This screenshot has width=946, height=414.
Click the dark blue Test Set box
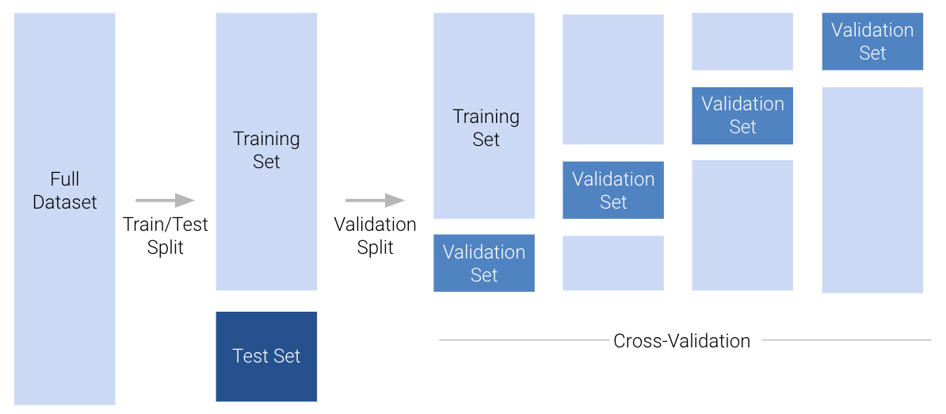[x=266, y=356]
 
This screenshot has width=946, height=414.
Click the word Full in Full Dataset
[x=65, y=178]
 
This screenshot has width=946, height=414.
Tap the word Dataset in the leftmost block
[x=65, y=202]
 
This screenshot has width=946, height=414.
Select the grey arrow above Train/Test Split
[x=165, y=200]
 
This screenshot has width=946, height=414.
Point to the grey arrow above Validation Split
[x=375, y=201]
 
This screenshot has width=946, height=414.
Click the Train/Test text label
[x=166, y=224]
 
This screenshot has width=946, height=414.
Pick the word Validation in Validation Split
[x=375, y=224]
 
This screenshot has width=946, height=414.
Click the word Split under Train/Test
[x=166, y=247]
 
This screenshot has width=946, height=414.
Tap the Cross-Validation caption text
[x=681, y=341]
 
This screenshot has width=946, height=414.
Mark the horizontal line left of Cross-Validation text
[x=523, y=340]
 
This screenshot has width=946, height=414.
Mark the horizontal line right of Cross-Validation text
[x=846, y=340]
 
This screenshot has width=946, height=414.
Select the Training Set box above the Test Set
[x=266, y=151]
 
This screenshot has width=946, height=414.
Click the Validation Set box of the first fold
[x=484, y=263]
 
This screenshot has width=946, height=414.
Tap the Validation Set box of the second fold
[x=613, y=190]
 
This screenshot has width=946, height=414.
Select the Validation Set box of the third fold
[x=742, y=116]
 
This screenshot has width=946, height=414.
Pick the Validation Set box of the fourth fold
[x=872, y=41]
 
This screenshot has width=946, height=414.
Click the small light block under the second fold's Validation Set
[x=613, y=263]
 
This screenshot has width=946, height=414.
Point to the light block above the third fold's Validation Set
[x=742, y=41]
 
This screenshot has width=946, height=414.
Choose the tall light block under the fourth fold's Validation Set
[x=872, y=190]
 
